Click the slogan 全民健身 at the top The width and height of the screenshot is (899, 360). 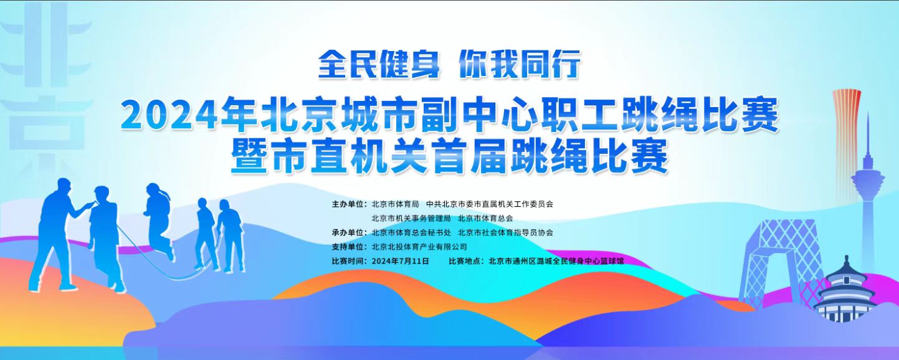click(x=379, y=64)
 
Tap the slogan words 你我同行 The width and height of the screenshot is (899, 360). click(x=520, y=64)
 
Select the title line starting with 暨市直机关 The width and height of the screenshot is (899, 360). click(x=450, y=156)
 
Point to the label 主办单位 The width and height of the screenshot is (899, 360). click(x=349, y=204)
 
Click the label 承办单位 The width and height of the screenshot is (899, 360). click(x=349, y=232)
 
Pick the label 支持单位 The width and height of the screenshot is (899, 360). click(x=349, y=247)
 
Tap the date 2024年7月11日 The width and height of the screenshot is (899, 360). click(x=401, y=261)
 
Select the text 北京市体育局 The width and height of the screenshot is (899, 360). click(x=396, y=204)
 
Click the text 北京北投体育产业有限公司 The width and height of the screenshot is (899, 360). click(x=419, y=247)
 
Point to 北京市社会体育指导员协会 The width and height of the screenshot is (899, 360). click(x=506, y=232)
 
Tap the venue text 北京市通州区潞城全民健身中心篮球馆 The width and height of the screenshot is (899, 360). click(x=556, y=261)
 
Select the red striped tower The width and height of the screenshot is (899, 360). click(x=847, y=136)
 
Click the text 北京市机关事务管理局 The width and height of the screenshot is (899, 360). click(x=411, y=219)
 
